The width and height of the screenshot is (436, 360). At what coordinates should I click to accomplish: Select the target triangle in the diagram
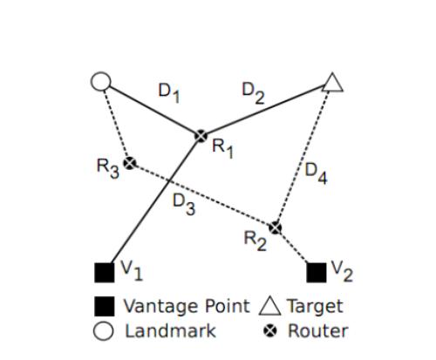click(x=332, y=84)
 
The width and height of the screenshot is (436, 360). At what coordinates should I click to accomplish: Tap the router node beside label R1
click(x=201, y=136)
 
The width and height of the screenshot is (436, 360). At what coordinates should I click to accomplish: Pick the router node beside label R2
click(x=275, y=228)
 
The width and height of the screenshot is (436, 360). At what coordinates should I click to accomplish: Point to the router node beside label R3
click(x=130, y=163)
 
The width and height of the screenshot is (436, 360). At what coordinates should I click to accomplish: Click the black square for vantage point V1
click(x=105, y=273)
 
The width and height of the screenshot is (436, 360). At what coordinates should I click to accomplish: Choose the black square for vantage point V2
click(x=317, y=273)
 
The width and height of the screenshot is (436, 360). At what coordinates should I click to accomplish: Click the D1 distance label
click(x=169, y=93)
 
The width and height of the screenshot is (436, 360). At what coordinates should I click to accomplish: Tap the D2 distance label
click(x=253, y=93)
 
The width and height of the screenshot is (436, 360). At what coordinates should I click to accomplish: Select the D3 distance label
click(x=184, y=204)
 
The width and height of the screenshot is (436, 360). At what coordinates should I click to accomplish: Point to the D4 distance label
click(x=316, y=173)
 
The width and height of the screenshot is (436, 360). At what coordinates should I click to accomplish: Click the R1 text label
click(x=222, y=148)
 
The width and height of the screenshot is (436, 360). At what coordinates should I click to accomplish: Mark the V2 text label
click(x=342, y=271)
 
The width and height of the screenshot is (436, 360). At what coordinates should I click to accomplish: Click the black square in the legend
click(x=105, y=306)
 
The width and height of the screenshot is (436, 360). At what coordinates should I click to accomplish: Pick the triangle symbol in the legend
click(x=270, y=306)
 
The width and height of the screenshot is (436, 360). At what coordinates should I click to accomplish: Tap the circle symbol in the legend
click(x=103, y=331)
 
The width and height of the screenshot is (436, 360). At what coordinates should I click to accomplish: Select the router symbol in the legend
click(x=270, y=331)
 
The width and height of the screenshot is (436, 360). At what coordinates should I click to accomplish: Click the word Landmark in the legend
click(x=170, y=330)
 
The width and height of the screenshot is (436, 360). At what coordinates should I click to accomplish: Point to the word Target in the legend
click(x=316, y=307)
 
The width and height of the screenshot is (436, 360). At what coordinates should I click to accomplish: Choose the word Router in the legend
click(x=318, y=330)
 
